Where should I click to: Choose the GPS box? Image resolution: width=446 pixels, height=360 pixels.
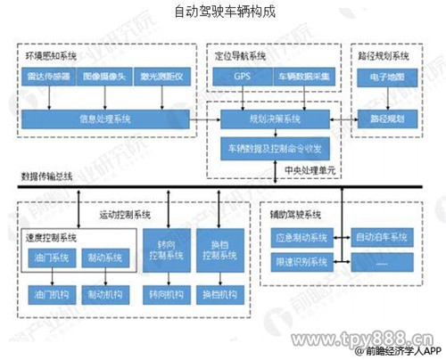pyautogui.click(x=243, y=77)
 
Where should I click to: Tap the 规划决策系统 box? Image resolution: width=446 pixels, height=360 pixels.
pyautogui.click(x=273, y=118)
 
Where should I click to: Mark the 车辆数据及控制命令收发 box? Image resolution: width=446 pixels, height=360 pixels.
pyautogui.click(x=273, y=145)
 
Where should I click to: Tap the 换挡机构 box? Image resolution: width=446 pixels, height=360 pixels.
pyautogui.click(x=219, y=295)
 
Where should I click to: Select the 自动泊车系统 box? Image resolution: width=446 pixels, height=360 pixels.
pyautogui.click(x=381, y=238)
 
